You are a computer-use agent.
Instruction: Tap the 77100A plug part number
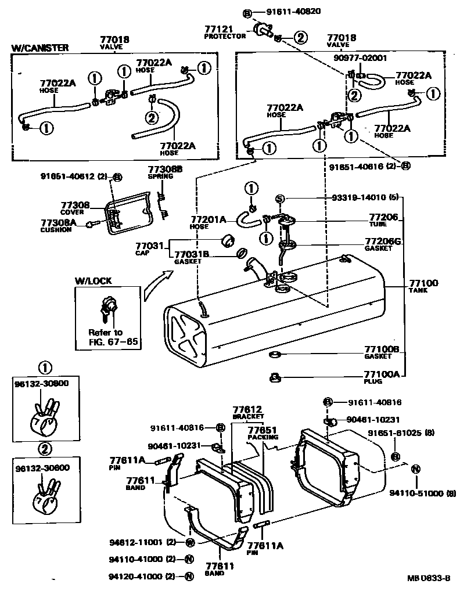(x=382, y=375)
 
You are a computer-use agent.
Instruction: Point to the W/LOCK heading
(x=93, y=281)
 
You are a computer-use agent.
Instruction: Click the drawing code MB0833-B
(x=429, y=578)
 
